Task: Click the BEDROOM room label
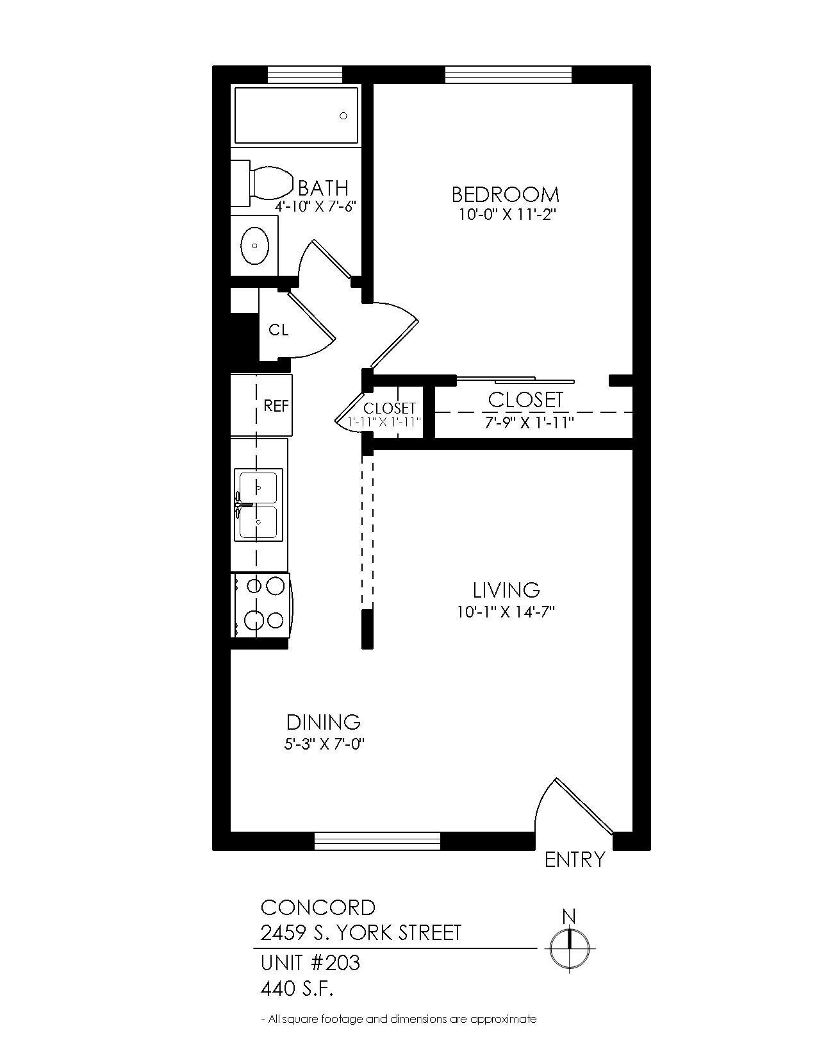(x=505, y=194)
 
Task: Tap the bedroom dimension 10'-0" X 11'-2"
(x=505, y=215)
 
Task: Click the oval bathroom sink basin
(x=255, y=246)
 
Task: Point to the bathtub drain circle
(x=343, y=116)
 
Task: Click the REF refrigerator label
(x=276, y=405)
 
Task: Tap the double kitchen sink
(x=258, y=505)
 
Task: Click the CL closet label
(x=278, y=330)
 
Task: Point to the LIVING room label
(x=506, y=589)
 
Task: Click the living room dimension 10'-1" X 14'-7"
(x=505, y=612)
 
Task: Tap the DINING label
(x=323, y=722)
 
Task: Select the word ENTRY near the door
(x=574, y=859)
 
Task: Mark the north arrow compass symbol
(x=569, y=947)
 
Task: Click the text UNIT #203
(x=310, y=962)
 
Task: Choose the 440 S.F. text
(x=297, y=989)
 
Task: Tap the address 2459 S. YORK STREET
(x=361, y=932)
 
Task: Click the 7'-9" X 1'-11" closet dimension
(x=529, y=423)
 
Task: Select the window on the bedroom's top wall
(x=508, y=75)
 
